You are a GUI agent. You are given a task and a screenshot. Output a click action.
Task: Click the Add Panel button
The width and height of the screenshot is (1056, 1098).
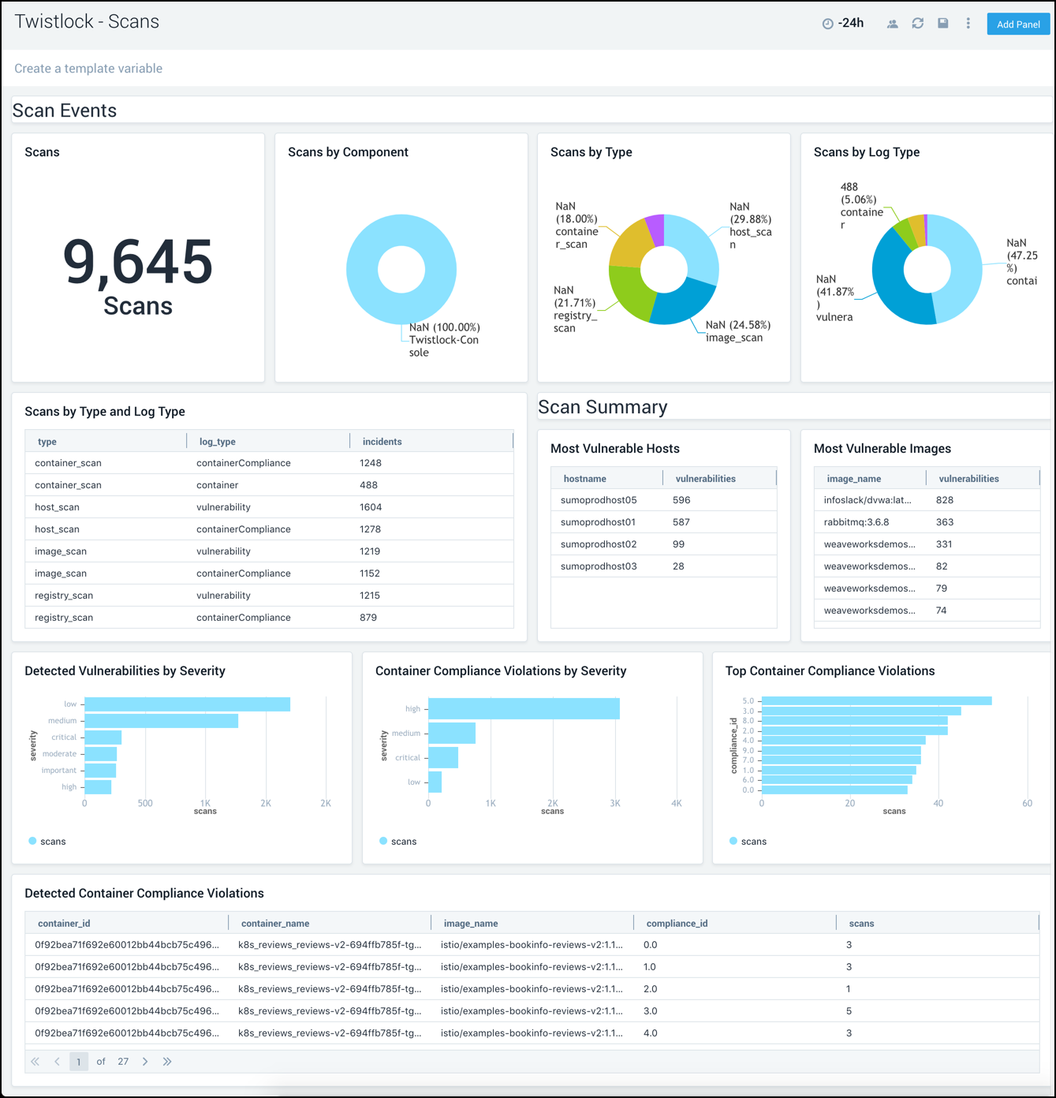[1017, 24]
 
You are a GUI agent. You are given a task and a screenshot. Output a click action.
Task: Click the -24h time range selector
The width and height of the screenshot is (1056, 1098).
[843, 24]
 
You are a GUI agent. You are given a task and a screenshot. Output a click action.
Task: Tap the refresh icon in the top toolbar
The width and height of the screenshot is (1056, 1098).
[917, 24]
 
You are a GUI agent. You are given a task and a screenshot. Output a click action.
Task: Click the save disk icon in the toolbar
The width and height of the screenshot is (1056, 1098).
[942, 24]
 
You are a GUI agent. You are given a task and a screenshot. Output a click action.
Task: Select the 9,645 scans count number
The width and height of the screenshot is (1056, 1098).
[138, 262]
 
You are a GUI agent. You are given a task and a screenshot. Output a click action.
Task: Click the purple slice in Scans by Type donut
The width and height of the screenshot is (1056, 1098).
[655, 229]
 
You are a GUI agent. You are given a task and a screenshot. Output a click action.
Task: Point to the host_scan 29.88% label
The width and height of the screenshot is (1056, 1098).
[749, 226]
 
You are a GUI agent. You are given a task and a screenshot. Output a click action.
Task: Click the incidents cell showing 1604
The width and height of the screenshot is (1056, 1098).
[371, 507]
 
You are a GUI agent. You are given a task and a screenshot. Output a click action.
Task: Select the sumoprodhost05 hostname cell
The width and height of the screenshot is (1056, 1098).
[598, 500]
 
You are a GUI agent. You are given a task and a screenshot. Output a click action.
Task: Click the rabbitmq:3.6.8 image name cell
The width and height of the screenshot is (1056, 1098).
[856, 522]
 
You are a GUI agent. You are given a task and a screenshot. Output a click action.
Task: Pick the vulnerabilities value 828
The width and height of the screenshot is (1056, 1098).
[944, 500]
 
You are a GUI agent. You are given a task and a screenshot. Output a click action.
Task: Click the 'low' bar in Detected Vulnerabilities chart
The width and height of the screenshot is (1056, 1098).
[187, 704]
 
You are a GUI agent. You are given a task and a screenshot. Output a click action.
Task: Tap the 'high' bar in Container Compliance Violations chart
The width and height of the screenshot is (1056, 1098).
[524, 709]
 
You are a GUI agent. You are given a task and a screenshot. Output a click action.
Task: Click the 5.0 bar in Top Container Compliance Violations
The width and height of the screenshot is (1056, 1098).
[875, 701]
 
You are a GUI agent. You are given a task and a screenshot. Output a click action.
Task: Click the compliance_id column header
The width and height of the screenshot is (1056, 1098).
[677, 923]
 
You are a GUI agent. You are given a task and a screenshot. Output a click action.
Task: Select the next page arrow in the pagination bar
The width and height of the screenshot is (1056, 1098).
[145, 1062]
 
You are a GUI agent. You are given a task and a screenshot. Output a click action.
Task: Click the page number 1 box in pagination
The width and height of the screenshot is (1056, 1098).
[79, 1062]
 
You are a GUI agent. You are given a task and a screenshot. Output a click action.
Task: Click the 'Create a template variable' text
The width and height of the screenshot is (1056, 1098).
[88, 69]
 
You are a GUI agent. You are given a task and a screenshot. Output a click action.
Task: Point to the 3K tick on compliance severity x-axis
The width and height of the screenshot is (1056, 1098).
[615, 803]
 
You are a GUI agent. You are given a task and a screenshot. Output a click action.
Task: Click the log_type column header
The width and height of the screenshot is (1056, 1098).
[218, 442]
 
